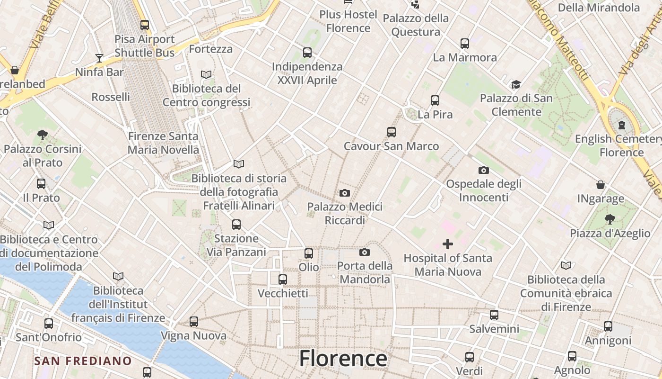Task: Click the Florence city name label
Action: pos(343,358)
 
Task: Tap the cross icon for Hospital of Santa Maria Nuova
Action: pos(447,244)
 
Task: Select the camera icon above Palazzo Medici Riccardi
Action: pos(345,193)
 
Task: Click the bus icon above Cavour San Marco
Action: pos(391,132)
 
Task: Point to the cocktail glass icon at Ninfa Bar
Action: pos(99,58)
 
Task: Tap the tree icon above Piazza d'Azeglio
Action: pos(610,219)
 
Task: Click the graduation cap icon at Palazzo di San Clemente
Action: pos(515,85)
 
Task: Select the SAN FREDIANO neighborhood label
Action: pos(83,361)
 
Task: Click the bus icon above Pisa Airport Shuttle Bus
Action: pos(145,25)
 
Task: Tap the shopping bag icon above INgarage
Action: pos(600,184)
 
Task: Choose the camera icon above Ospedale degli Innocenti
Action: pos(483,170)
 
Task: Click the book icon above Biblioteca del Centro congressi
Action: pos(206,74)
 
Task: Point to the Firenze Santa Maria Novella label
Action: pos(164,143)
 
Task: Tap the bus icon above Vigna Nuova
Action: pos(193,322)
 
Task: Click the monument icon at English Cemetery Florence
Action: pos(621,125)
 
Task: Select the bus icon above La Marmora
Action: pos(465,44)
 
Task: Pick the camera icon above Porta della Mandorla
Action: pos(365,252)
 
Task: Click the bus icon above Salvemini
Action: pos(494,315)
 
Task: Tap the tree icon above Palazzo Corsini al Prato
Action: pos(43,135)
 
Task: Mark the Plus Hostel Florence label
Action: pos(348,21)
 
